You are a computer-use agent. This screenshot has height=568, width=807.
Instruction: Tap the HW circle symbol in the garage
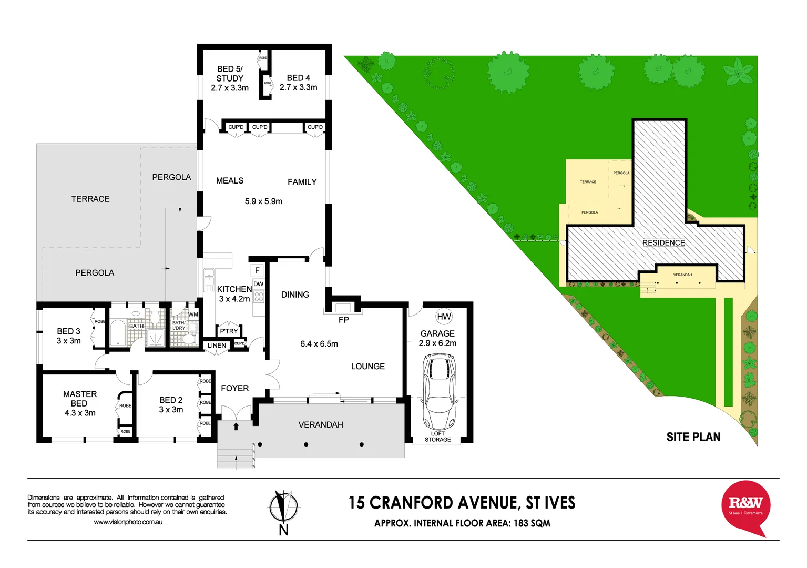click(444, 317)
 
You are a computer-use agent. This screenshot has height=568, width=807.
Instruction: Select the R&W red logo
click(745, 506)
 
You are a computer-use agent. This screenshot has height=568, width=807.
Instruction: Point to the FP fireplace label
click(343, 320)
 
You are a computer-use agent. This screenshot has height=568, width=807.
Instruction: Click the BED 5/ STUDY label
click(230, 78)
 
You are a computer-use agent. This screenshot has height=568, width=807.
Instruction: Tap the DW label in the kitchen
click(258, 284)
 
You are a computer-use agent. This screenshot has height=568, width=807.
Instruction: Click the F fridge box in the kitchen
click(257, 270)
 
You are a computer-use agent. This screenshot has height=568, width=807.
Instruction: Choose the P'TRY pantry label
click(229, 331)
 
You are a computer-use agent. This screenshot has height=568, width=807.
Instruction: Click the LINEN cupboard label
click(217, 346)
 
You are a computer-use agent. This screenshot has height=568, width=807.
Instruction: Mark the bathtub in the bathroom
click(118, 333)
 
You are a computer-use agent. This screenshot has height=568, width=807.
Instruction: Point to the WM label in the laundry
click(193, 315)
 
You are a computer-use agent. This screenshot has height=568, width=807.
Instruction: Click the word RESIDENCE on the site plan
click(663, 243)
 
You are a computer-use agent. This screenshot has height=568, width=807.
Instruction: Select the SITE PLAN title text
click(693, 437)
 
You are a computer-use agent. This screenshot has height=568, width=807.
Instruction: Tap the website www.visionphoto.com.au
click(128, 522)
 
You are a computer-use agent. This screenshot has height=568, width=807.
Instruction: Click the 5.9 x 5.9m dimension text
click(263, 201)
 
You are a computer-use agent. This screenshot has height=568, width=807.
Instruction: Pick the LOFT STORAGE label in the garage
click(437, 437)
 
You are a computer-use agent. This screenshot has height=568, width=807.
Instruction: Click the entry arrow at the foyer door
click(236, 427)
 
